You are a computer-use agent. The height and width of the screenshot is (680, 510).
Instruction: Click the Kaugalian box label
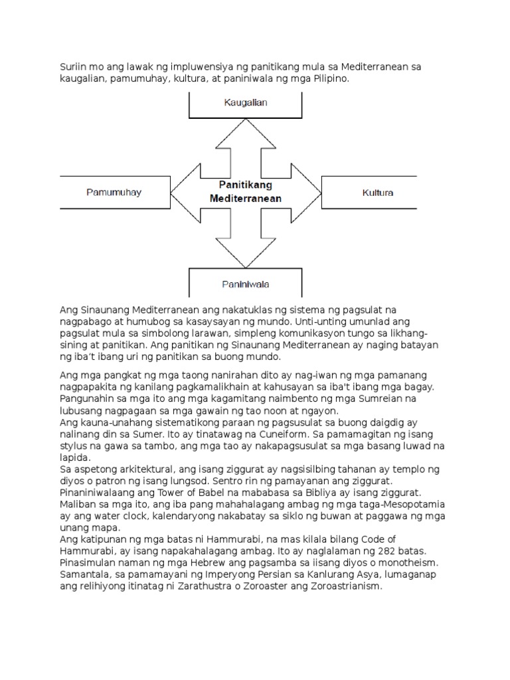(246, 103)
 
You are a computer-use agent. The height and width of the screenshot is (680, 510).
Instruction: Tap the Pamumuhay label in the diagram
(114, 193)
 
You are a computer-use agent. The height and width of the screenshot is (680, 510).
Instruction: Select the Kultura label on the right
(378, 193)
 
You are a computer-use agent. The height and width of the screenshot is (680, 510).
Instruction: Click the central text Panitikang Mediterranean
(246, 192)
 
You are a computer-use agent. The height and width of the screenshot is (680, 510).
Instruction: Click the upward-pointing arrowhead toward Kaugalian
(246, 136)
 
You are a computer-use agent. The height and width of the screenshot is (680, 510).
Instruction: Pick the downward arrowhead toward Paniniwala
(246, 252)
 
